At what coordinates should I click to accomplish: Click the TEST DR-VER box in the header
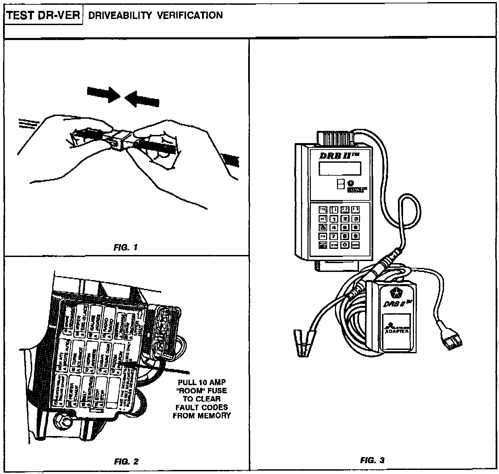(43, 16)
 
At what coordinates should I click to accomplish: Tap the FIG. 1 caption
(126, 248)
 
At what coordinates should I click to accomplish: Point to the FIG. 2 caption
(126, 461)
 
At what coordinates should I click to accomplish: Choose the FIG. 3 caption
(372, 460)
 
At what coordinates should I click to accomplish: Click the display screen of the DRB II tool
(340, 169)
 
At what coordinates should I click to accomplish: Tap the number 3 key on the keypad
(355, 219)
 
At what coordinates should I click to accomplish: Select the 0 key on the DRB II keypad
(345, 244)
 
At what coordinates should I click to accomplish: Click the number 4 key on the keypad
(334, 228)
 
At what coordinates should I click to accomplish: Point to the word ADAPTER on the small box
(397, 331)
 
